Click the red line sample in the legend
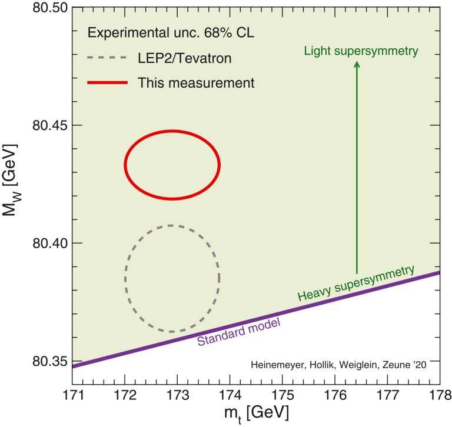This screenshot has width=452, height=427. point(107,83)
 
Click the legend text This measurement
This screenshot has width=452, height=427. point(196,83)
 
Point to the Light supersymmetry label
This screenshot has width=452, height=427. point(361,51)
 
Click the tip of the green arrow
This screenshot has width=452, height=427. point(357,61)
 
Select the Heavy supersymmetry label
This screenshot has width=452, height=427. point(357,283)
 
